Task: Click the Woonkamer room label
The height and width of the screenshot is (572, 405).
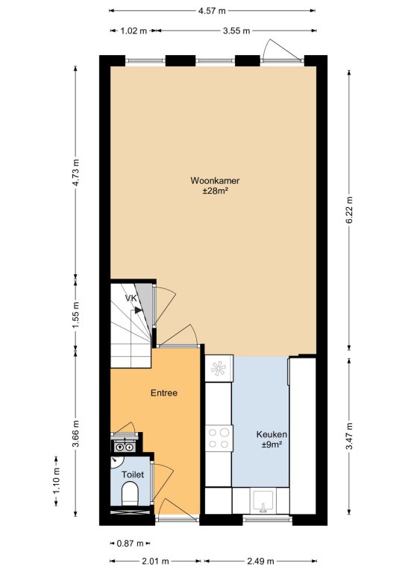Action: tap(215, 180)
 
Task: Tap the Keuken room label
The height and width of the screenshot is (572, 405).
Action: tap(271, 434)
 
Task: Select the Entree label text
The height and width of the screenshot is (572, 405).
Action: tap(164, 393)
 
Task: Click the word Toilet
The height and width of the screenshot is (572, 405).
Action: tap(133, 474)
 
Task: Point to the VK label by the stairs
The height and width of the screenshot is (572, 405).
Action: tap(131, 298)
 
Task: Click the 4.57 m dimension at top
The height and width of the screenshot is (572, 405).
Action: tap(212, 11)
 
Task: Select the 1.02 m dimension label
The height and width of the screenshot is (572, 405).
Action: tap(134, 31)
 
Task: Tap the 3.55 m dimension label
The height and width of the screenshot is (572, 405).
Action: tap(236, 31)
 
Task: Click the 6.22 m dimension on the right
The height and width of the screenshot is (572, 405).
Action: tap(350, 210)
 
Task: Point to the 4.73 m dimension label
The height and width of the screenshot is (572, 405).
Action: tap(75, 173)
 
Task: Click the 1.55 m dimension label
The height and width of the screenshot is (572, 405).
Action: tap(75, 315)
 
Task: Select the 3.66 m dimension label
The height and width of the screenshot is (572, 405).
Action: tap(75, 434)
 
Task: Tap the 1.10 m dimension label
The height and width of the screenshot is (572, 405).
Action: tap(56, 481)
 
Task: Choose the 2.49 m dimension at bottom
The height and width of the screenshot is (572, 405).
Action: tap(260, 561)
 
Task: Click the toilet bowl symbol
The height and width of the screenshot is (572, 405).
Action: tap(130, 493)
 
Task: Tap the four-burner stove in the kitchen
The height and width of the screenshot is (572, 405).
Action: tap(219, 439)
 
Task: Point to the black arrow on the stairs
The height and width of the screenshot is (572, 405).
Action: tap(138, 310)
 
